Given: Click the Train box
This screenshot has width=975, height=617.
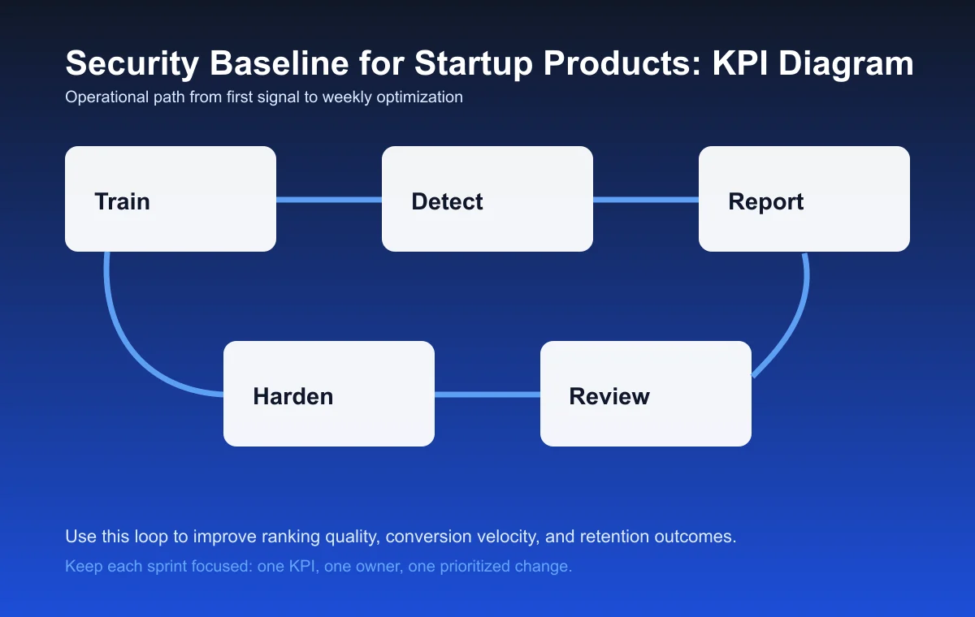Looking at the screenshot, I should [x=171, y=199].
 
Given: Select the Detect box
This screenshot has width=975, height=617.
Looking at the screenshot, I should [x=487, y=199].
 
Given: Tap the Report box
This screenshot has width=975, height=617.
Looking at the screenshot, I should [x=804, y=199].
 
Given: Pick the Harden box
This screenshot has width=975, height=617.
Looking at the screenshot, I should [x=329, y=394].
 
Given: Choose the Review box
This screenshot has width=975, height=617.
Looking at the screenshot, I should [x=646, y=394].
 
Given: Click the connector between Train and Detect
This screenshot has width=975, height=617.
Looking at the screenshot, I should [x=329, y=200].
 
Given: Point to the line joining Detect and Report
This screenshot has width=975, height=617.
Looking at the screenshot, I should [x=646, y=200].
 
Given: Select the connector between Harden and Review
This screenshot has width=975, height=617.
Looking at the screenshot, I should [x=487, y=395].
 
